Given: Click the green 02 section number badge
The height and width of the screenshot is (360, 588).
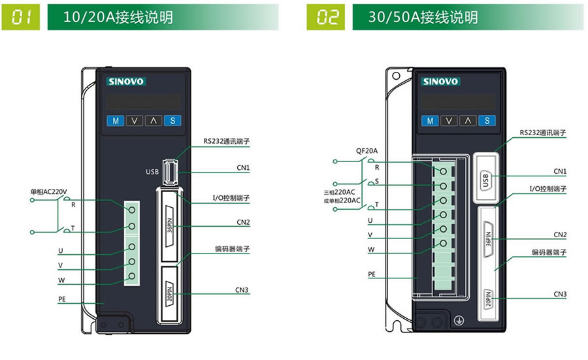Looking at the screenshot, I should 325,18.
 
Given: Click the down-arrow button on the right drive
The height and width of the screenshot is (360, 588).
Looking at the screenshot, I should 448,120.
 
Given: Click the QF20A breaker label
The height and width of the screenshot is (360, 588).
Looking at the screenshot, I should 367,150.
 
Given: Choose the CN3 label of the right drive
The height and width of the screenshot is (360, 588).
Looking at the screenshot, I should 560,294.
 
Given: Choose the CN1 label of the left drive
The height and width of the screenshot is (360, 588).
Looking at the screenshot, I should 243,168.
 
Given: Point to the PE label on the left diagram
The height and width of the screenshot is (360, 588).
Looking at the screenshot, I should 62,299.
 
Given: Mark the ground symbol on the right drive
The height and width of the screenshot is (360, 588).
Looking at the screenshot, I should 459,322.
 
